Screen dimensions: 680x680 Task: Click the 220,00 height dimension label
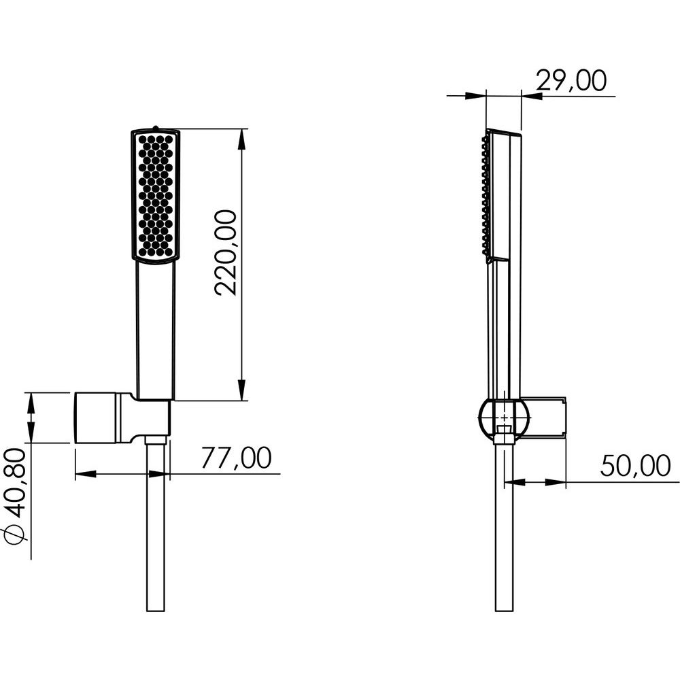pos(226,253)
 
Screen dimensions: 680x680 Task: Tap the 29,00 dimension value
pos(571,81)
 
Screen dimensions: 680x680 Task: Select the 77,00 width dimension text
pos(237,458)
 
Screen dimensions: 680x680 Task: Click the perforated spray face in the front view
pos(156,195)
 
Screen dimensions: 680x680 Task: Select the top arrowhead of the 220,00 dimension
pos(241,138)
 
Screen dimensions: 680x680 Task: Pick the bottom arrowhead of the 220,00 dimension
pos(241,390)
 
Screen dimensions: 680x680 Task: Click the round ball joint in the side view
pos(505,418)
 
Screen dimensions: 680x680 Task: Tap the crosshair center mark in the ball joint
pos(505,418)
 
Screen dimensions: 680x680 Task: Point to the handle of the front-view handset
pos(156,330)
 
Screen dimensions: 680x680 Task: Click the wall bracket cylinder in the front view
pos(97,418)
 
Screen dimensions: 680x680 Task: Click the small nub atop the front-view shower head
pos(155,128)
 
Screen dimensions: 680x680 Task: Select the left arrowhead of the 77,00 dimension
pos(85,473)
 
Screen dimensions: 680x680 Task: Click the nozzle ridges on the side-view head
pos(484,194)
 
